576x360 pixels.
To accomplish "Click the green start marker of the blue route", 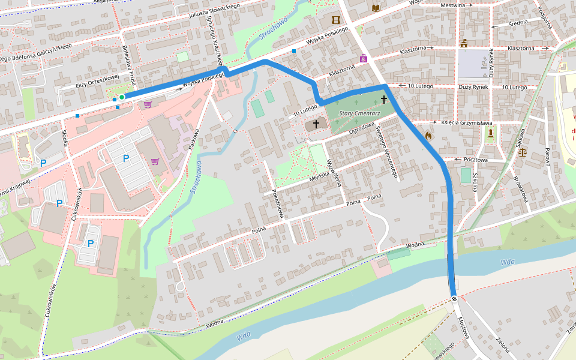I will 121,97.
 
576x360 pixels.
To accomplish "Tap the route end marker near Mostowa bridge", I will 454,298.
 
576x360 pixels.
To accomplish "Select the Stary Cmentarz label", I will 356,112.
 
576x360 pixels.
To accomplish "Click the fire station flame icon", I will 428,136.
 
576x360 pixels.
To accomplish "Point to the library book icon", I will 376,8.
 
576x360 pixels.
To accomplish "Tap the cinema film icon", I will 336,20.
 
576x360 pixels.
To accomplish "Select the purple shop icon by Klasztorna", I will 363,58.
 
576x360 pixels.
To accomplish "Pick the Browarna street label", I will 520,188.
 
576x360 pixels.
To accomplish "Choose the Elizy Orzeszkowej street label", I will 97,82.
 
